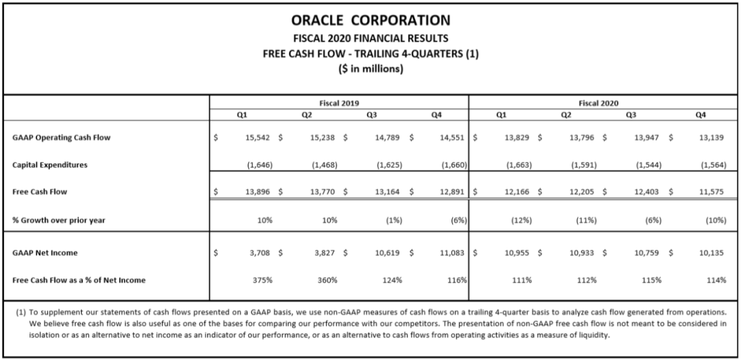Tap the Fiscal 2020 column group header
point(598,103)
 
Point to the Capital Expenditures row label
point(50,165)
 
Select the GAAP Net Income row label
point(45,253)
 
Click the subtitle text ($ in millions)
point(370,69)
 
